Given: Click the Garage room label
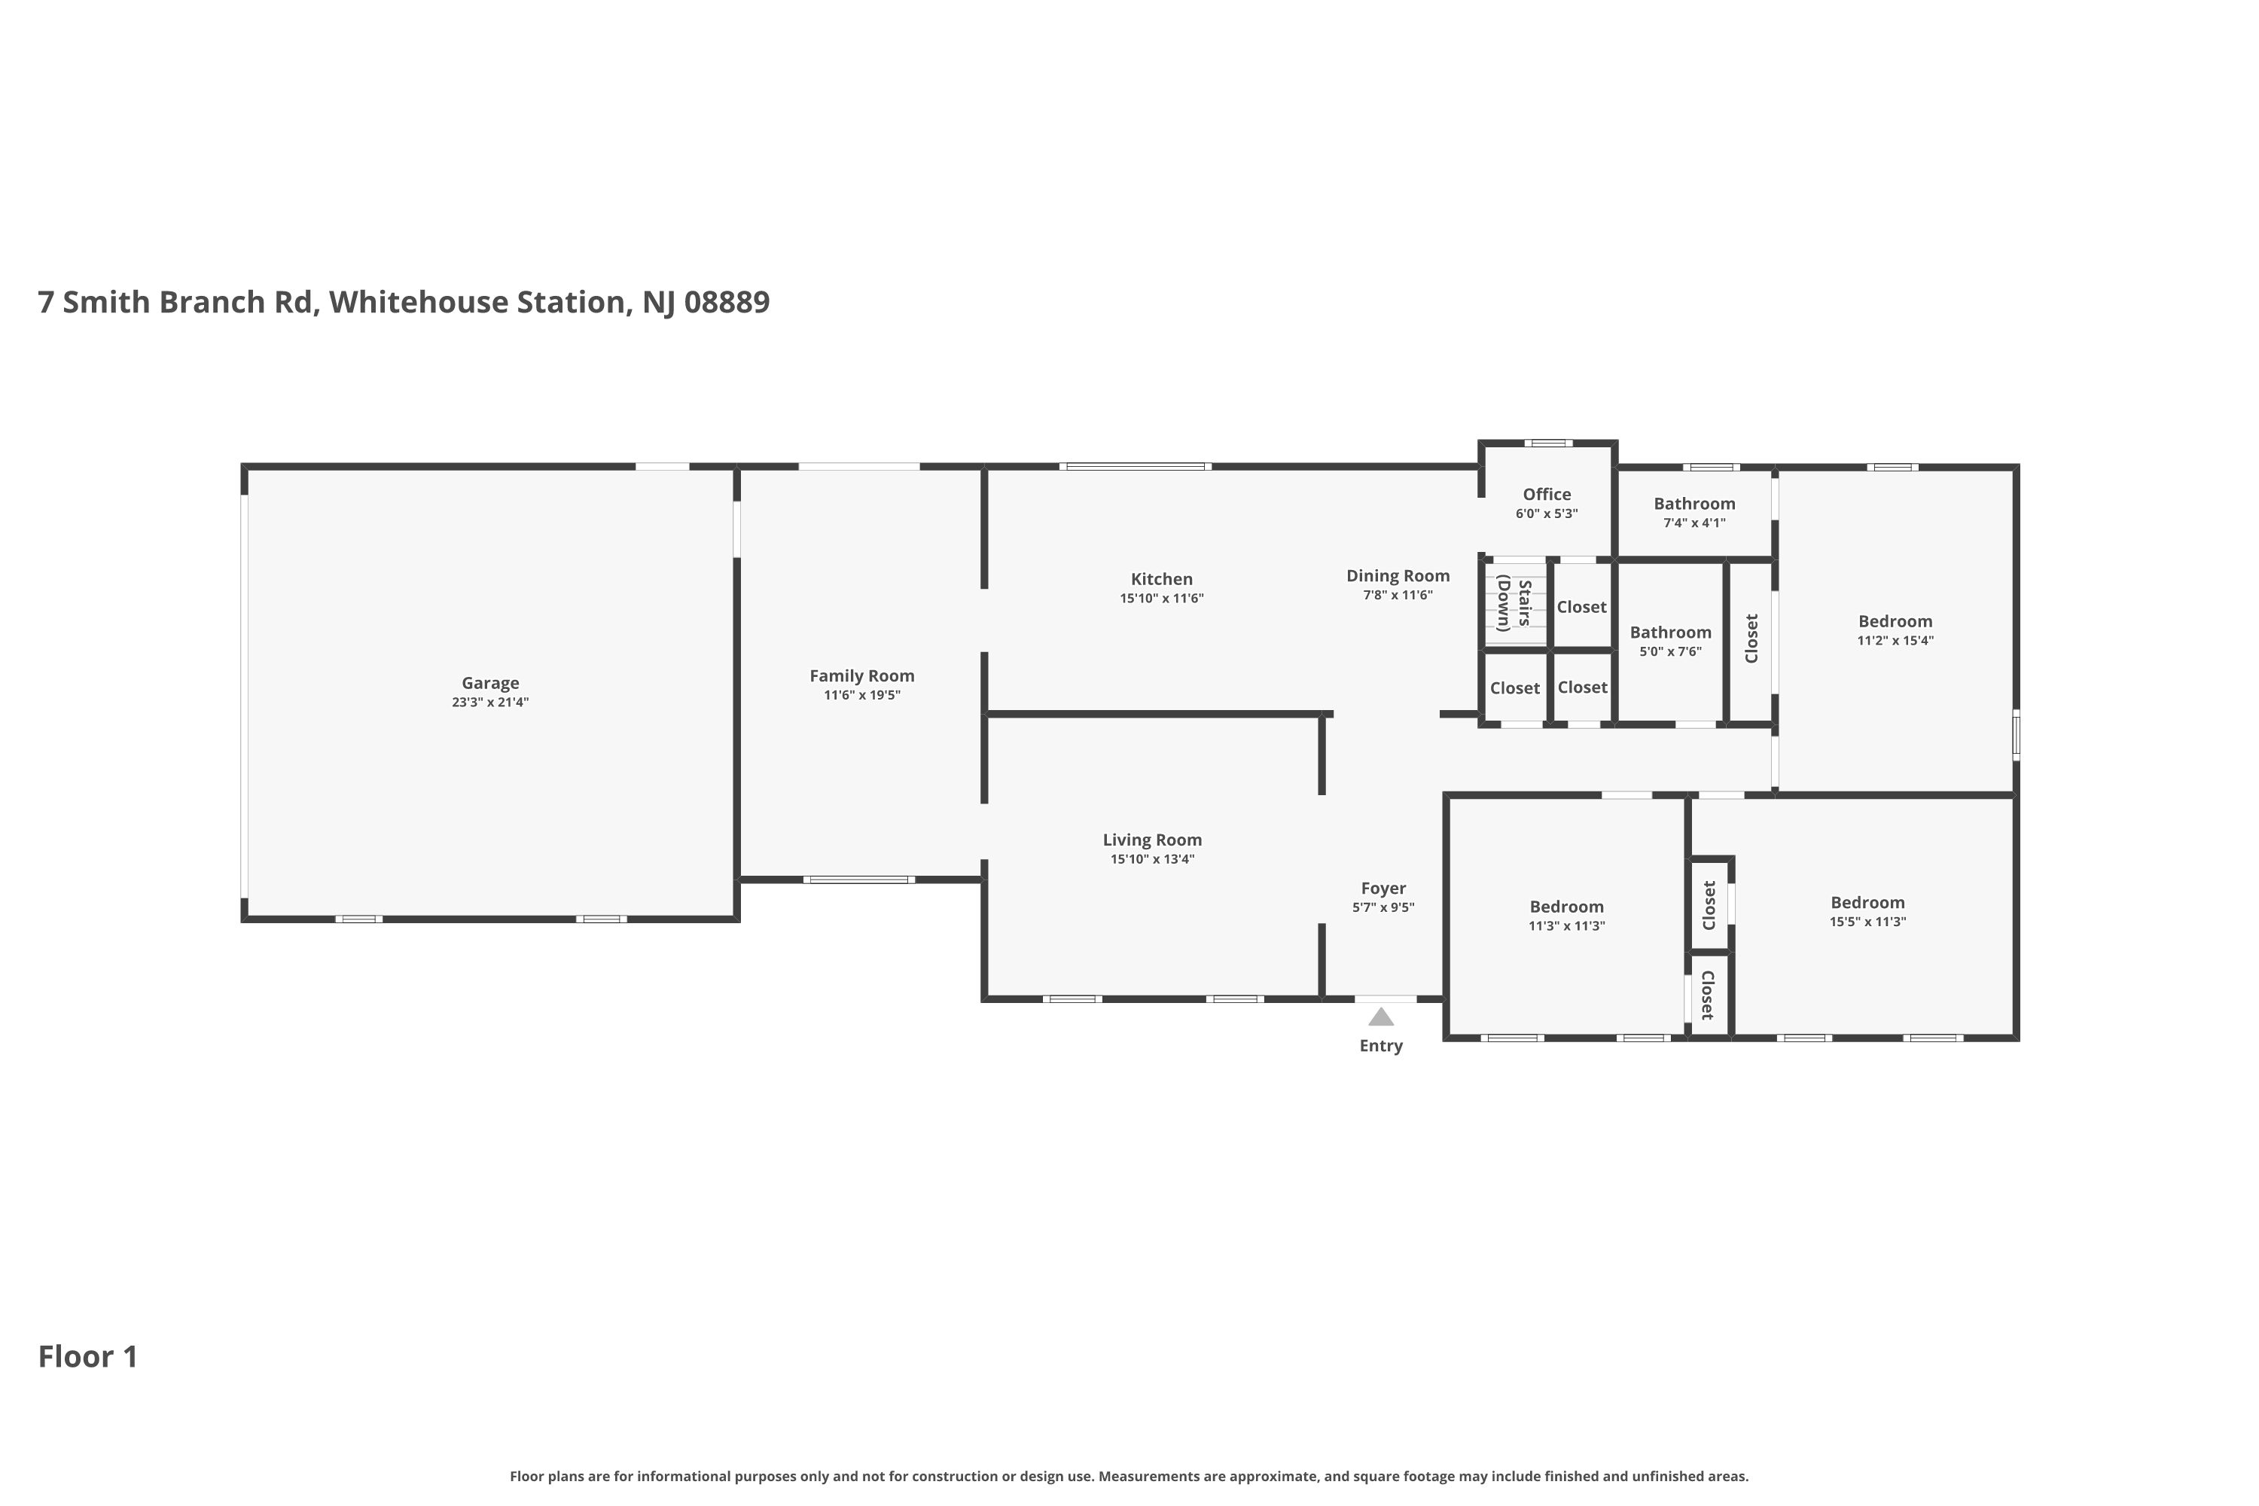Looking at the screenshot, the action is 490,683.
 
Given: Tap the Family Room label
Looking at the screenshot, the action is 861,675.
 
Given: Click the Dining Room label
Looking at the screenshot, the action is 1398,575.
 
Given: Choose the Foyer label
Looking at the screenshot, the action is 1383,889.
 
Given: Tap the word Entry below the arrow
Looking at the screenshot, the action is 1381,1046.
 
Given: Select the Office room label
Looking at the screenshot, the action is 1547,495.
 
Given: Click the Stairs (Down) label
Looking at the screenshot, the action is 1514,603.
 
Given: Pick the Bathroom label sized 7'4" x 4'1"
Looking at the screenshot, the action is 1694,503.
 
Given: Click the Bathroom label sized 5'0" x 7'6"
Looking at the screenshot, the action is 1670,632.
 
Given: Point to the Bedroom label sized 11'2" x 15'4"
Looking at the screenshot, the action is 1895,621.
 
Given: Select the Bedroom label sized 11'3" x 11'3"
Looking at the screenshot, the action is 1566,907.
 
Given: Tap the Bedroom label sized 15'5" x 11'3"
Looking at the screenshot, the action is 1867,902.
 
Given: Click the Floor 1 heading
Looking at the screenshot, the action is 88,1356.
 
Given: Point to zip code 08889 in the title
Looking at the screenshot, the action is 727,302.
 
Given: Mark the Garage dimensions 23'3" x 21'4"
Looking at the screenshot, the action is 490,702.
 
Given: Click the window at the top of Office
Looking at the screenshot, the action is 1548,443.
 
